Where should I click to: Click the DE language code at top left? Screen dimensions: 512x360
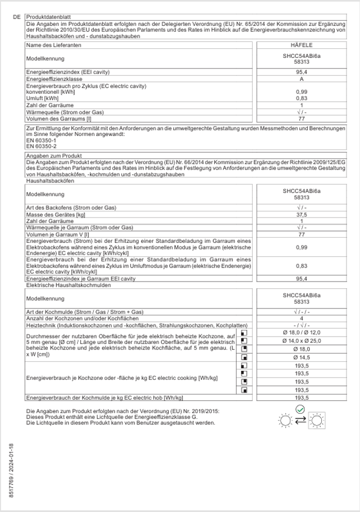(16, 17)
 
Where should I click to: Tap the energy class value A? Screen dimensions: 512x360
(301, 80)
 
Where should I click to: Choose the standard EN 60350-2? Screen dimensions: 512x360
(37, 146)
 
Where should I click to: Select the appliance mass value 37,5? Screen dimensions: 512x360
(301, 214)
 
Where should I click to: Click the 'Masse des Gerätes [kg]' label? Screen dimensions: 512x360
(56, 214)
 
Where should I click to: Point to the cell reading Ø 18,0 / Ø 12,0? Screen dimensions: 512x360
(301, 333)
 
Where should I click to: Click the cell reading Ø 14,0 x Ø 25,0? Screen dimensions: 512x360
(301, 341)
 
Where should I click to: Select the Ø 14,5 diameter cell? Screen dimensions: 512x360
(301, 357)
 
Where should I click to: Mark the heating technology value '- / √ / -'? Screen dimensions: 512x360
(301, 326)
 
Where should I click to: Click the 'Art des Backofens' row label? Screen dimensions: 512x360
(71, 207)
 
